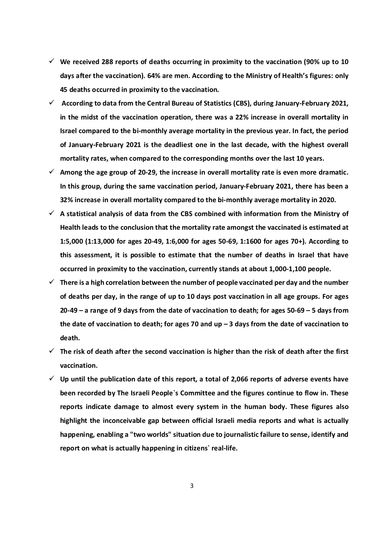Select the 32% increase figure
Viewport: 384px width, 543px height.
click(x=67, y=200)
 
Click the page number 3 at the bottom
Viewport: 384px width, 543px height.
click(x=192, y=486)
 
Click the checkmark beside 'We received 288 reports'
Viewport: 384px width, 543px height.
click(x=52, y=62)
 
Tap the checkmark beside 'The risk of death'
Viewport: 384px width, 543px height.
click(x=52, y=351)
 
